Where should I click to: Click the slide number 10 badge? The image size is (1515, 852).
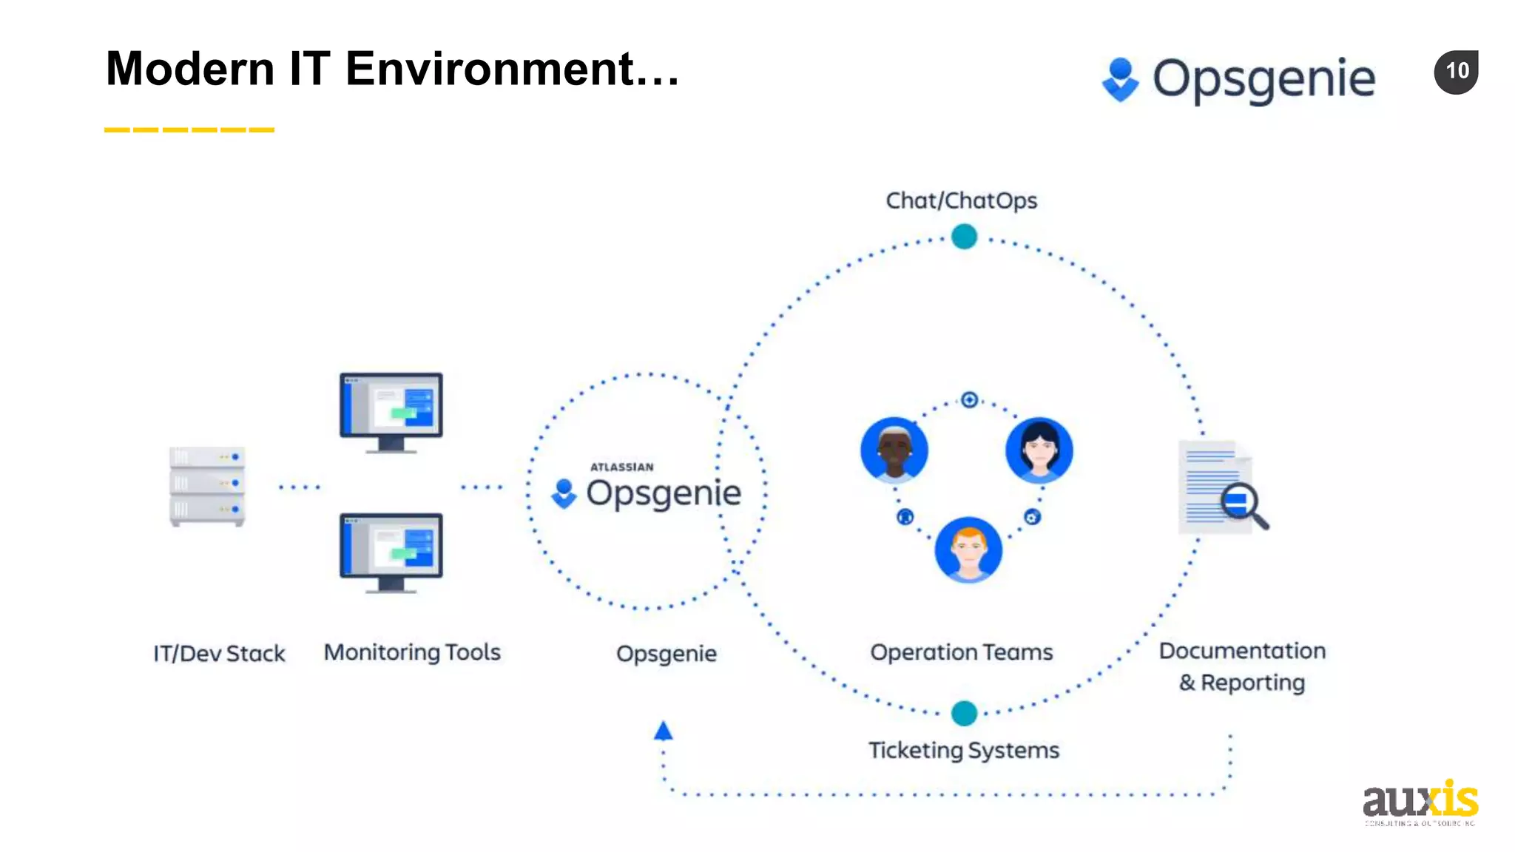1456,72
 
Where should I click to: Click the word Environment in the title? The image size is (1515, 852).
490,69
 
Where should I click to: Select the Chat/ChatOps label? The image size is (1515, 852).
961,200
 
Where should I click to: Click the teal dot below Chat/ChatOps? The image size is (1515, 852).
964,237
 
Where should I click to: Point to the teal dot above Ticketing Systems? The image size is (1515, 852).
964,713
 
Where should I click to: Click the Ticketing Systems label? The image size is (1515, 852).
963,750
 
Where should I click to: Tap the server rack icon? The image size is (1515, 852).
207,486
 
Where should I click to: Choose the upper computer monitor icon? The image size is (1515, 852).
391,411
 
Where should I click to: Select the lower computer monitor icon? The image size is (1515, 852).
391,552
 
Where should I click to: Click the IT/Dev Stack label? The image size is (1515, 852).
219,653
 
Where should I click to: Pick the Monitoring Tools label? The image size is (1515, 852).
412,652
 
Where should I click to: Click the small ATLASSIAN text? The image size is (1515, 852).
621,467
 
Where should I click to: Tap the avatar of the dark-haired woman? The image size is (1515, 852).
1039,450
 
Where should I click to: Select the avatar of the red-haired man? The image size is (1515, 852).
968,550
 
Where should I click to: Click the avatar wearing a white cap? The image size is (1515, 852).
894,450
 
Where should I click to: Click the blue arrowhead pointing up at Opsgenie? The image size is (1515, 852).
664,731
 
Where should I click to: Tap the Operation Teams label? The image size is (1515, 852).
961,652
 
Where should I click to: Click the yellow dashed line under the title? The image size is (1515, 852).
189,130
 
